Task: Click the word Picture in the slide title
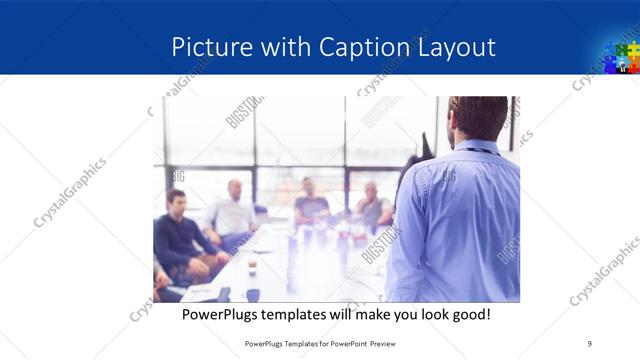[206, 47]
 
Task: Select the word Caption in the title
[363, 47]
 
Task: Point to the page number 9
[589, 343]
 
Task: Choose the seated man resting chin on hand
[373, 207]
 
